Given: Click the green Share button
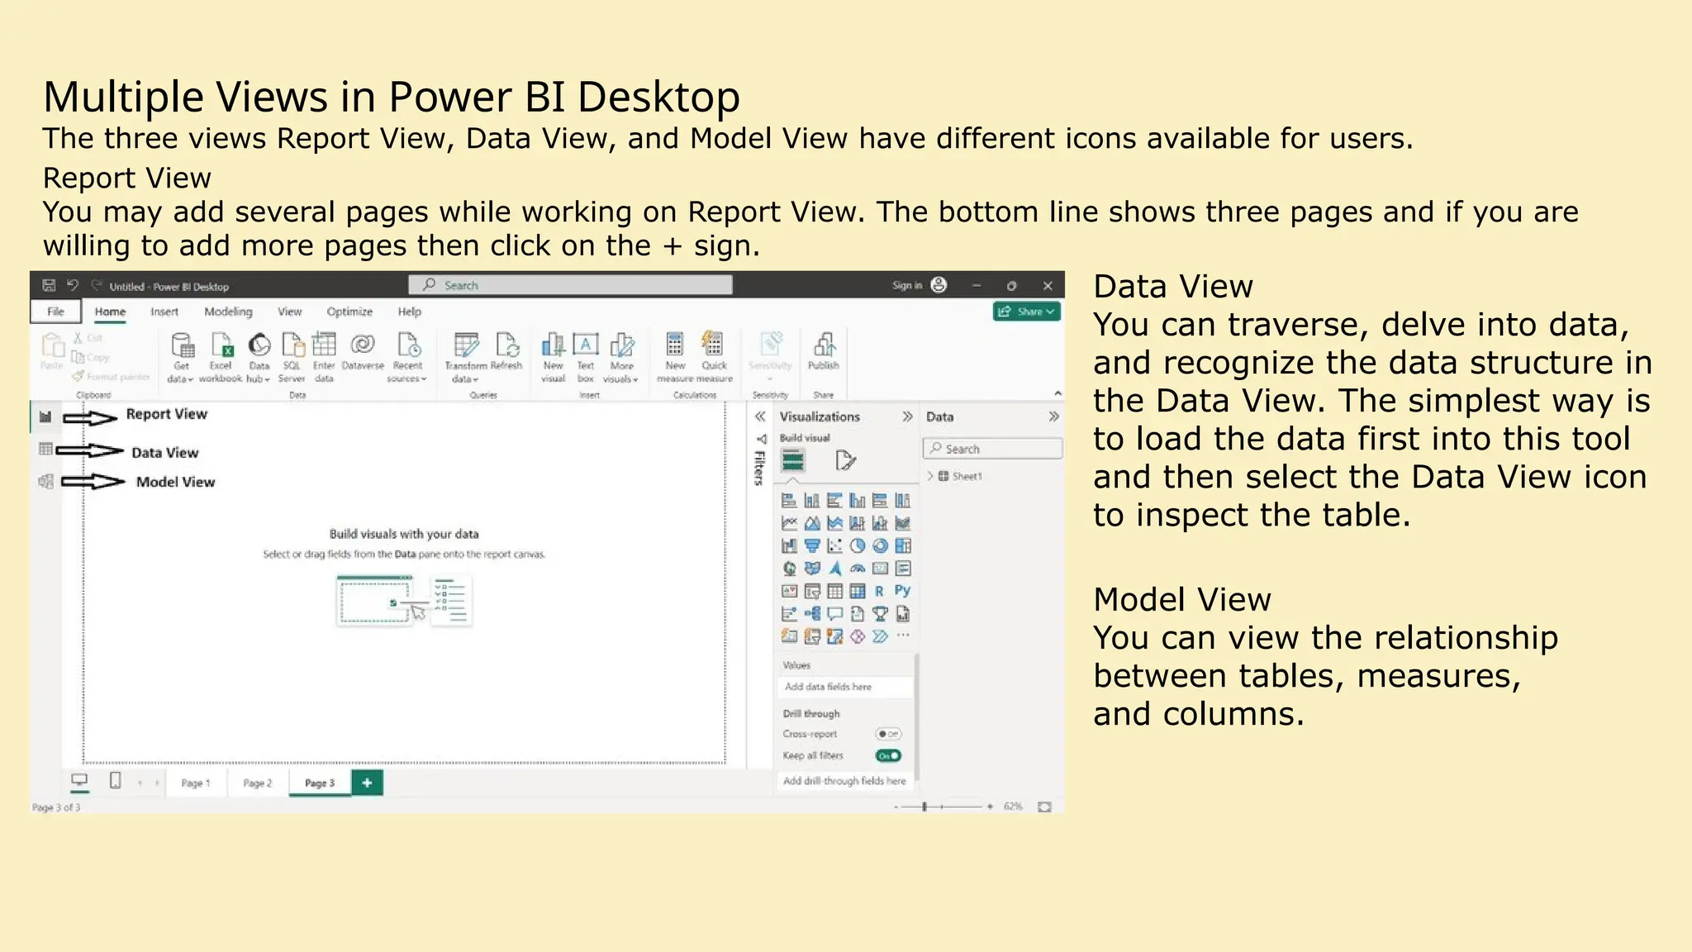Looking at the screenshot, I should coord(1026,312).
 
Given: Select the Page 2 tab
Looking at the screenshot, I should coord(257,783).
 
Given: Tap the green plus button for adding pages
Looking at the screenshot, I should coord(367,783).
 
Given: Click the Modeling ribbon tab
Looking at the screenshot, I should coord(228,312).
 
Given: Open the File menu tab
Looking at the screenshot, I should coord(55,312).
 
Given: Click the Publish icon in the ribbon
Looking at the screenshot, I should coord(823,351).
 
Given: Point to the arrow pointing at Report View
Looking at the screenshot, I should coord(91,418).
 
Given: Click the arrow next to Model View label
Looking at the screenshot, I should coord(93,481).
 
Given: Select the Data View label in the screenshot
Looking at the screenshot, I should coord(165,453).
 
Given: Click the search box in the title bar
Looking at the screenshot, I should coord(570,285).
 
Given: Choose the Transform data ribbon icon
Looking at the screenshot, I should coord(466,355).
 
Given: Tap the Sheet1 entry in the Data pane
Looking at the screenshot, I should coord(966,476).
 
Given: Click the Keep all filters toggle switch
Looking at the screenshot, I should coord(888,755).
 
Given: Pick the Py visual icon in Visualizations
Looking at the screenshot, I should coord(902,591).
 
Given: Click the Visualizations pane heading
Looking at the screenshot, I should coord(820,416).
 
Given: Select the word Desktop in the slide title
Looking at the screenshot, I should coord(658,97).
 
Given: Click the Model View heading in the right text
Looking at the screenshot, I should coord(1181,599).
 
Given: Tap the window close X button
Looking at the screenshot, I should coord(1048,285).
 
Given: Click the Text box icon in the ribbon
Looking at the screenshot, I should coord(585,351).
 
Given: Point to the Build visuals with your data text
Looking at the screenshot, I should coord(404,534).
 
